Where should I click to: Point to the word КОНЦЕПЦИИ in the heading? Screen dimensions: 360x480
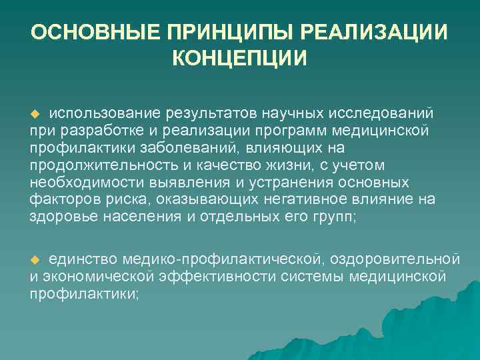pos(240,59)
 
